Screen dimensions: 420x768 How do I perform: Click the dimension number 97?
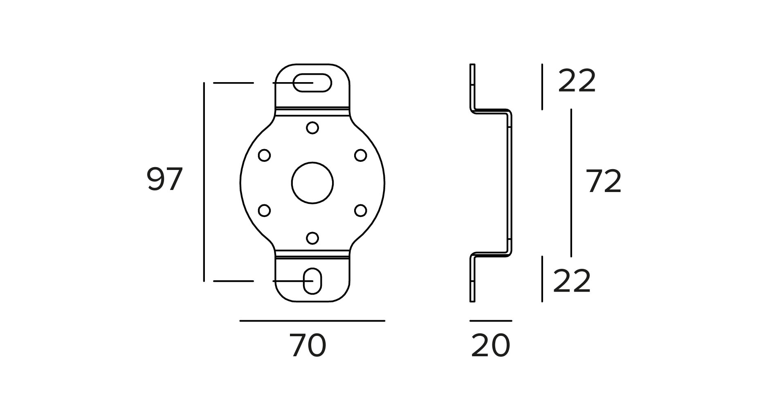164,179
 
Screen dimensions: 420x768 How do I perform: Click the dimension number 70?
308,346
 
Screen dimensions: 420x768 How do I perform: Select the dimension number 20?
490,346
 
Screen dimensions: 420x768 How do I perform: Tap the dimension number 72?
604,181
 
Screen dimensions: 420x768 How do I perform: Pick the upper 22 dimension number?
577,82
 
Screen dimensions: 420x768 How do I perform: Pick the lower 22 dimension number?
572,281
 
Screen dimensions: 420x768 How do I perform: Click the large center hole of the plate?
312,183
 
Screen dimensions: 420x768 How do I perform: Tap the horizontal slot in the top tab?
312,83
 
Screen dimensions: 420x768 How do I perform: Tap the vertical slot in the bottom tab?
313,281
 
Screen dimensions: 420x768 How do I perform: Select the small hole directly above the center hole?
312,128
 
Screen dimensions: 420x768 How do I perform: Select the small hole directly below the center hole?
312,238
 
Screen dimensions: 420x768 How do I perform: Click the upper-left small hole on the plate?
265,155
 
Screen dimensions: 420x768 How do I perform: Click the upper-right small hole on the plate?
360,155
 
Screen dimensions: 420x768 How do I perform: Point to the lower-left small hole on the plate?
265,210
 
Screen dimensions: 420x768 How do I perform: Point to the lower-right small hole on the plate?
360,210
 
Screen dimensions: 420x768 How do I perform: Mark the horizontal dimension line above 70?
312,321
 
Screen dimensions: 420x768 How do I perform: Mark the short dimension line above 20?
490,321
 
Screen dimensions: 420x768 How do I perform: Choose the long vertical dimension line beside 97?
204,182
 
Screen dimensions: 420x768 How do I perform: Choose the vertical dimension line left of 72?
571,183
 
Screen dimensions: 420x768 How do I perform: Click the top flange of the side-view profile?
472,87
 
